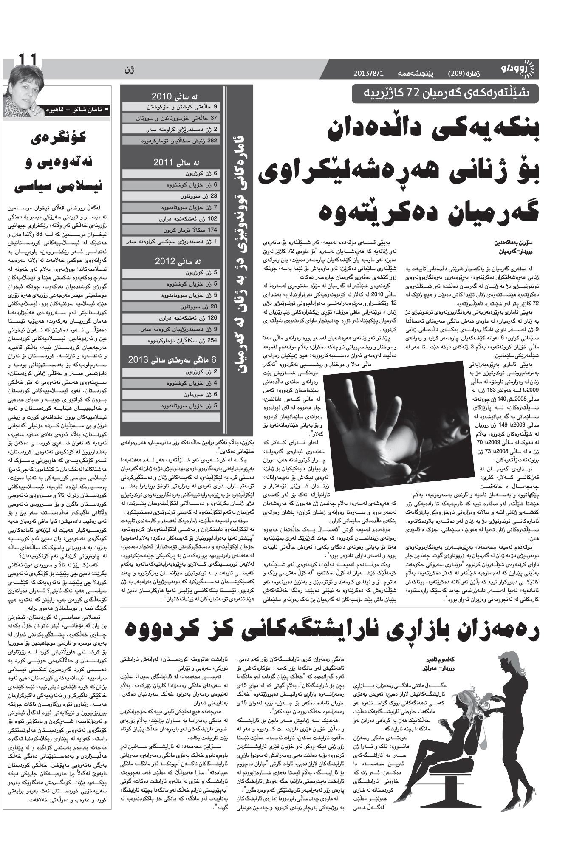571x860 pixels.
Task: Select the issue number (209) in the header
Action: coord(457,73)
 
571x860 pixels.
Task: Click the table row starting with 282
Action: coord(171,140)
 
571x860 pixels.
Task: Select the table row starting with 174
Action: coord(171,230)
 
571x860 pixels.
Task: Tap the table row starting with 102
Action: coord(171,218)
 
